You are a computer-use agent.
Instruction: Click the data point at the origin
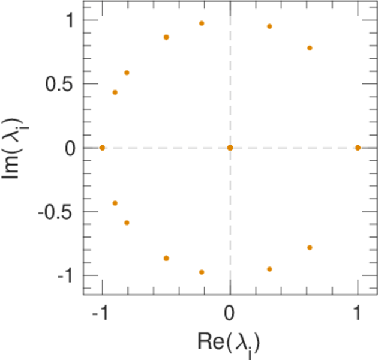click(x=230, y=148)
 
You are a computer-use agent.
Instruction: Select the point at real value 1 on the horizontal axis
click(x=358, y=148)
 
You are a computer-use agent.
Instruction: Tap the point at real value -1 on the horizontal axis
click(x=102, y=148)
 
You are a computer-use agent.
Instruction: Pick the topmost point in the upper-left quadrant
click(x=202, y=23)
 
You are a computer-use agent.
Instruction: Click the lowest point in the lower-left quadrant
click(x=202, y=272)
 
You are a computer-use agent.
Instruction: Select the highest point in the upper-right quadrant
click(x=269, y=26)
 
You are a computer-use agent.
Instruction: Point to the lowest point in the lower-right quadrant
click(x=269, y=269)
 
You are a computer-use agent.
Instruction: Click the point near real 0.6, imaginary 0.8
click(x=310, y=48)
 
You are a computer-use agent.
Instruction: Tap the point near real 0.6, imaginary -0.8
click(x=310, y=247)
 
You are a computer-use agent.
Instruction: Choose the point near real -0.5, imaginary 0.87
click(x=166, y=37)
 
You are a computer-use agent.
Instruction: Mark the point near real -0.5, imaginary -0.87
click(x=166, y=258)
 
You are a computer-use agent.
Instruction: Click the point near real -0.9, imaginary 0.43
click(x=115, y=92)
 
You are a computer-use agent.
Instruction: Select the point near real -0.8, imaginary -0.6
click(x=127, y=223)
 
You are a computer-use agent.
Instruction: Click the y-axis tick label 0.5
click(x=59, y=84)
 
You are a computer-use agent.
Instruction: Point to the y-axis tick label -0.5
click(x=57, y=212)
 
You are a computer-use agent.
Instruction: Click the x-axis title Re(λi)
click(x=229, y=342)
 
